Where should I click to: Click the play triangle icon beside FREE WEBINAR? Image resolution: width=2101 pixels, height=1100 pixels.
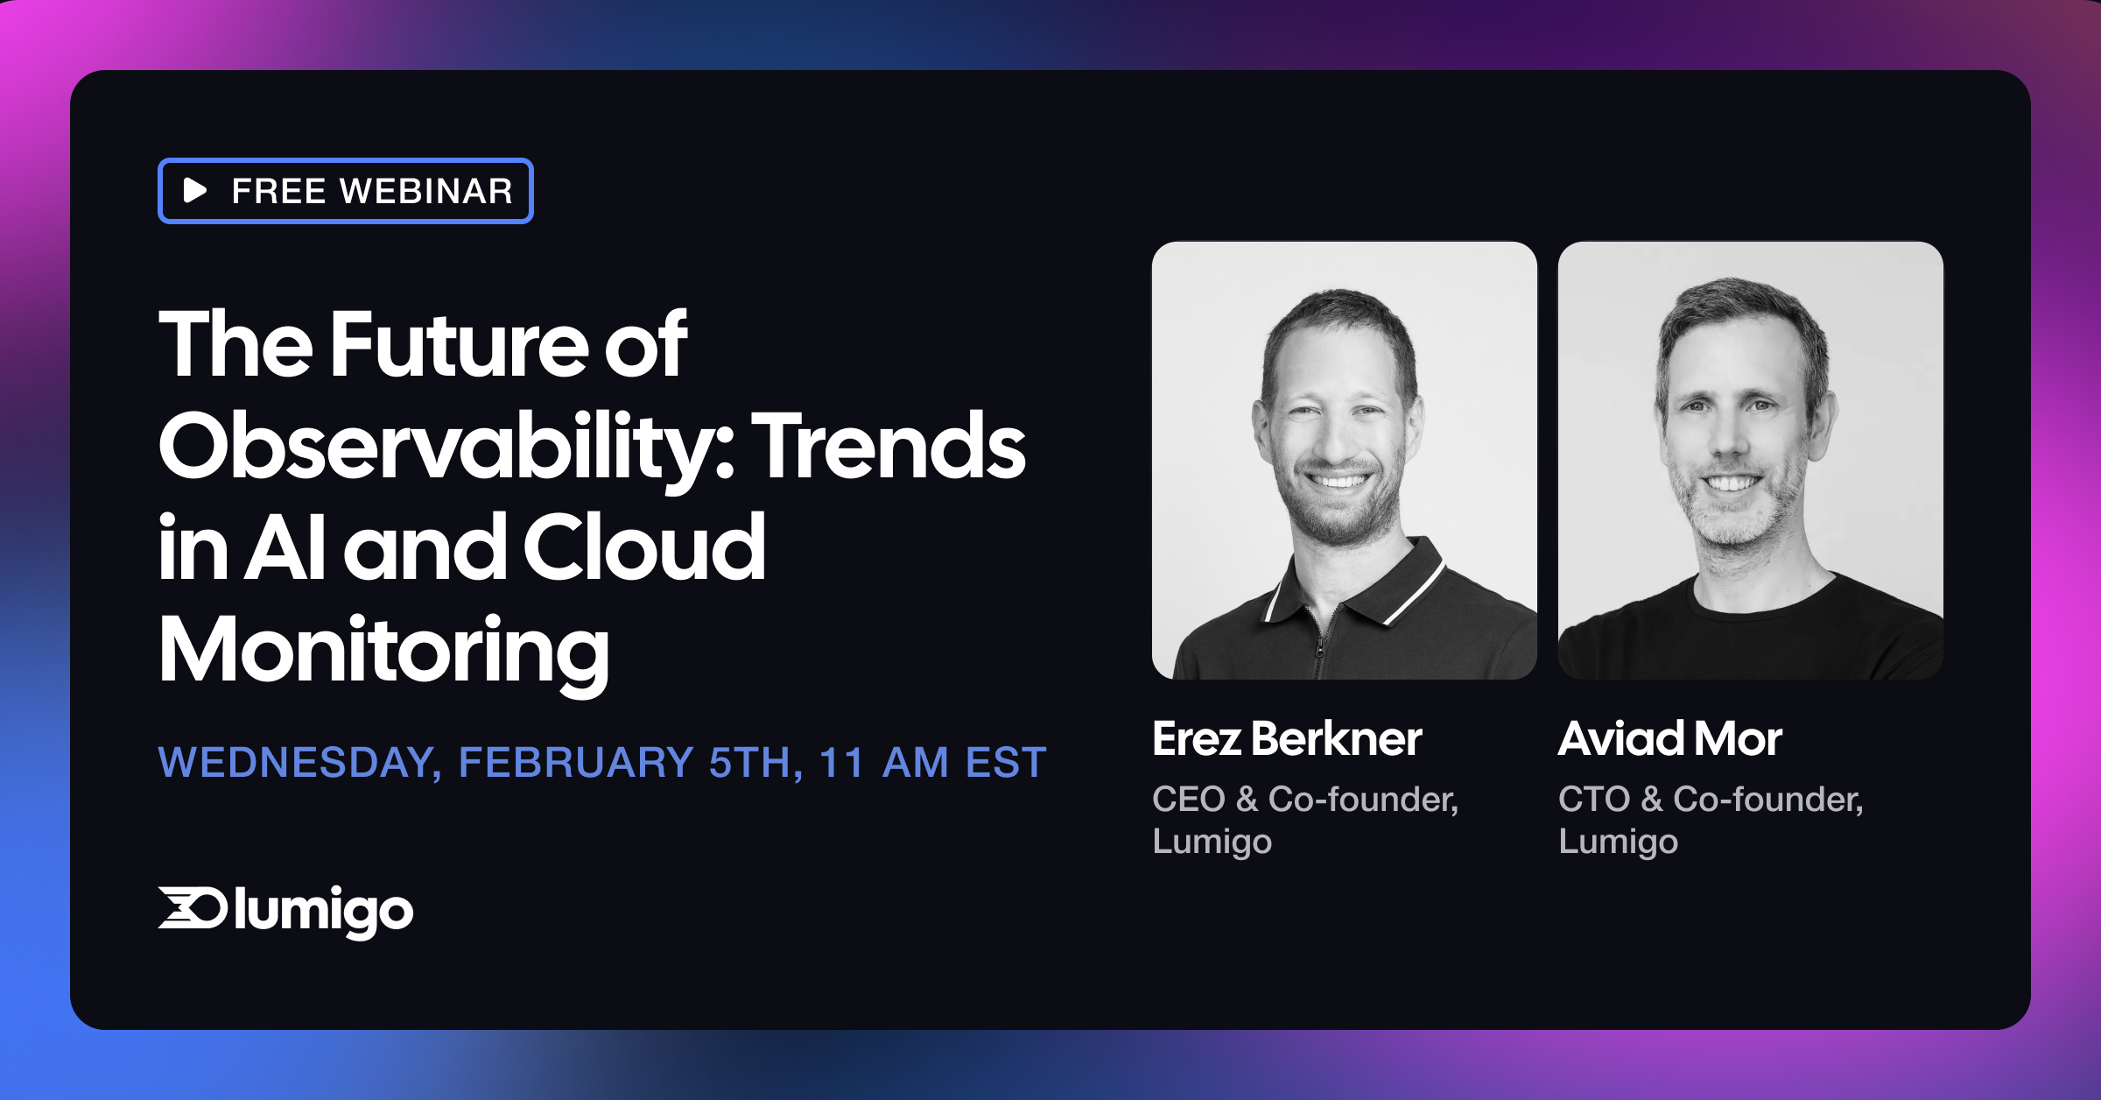194,190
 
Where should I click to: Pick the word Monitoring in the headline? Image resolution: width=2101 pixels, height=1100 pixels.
383,651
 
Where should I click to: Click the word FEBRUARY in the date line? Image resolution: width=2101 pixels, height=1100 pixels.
576,762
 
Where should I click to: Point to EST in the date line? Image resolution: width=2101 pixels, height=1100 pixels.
1007,762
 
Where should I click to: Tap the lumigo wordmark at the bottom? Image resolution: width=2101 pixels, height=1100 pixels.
324,912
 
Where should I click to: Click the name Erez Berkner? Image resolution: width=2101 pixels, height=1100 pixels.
1287,738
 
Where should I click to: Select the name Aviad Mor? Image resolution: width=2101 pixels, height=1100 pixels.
1669,738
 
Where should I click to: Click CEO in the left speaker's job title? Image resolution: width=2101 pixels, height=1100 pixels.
1188,799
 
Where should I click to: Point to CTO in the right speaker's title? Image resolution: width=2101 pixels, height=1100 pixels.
1593,799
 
